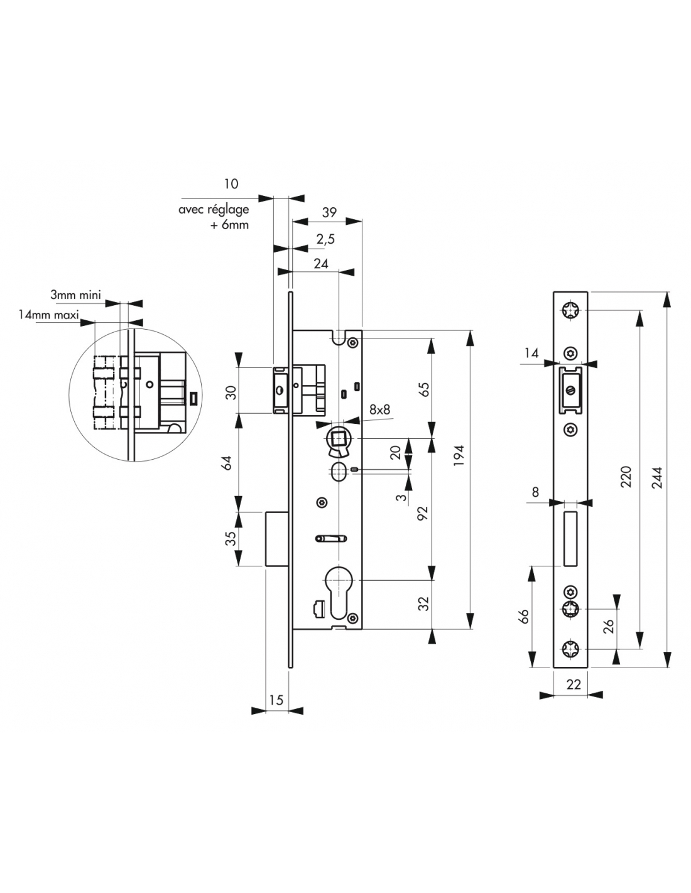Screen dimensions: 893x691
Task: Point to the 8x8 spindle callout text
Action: [x=379, y=409]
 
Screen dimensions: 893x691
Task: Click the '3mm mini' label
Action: [x=76, y=293]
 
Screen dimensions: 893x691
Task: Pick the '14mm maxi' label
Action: [x=48, y=315]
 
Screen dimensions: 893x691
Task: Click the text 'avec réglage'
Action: [x=214, y=210]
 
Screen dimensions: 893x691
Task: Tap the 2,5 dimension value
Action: [x=325, y=239]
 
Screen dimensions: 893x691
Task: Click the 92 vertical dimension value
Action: [x=423, y=513]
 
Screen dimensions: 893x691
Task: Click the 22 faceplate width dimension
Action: [x=574, y=685]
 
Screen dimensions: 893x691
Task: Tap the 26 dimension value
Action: [x=608, y=626]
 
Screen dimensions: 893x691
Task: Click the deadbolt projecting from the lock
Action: [x=276, y=539]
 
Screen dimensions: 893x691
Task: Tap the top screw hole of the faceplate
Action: [x=571, y=311]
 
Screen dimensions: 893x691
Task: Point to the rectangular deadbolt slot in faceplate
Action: [x=570, y=538]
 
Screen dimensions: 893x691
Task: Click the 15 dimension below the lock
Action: [x=276, y=700]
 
